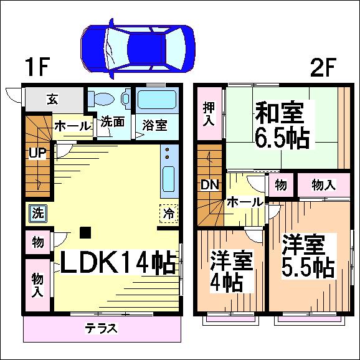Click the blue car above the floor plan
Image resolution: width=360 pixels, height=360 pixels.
(x=138, y=49)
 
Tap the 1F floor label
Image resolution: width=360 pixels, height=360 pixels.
(x=37, y=67)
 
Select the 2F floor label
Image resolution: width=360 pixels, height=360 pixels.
(x=323, y=67)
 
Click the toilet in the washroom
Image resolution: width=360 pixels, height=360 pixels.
(x=102, y=99)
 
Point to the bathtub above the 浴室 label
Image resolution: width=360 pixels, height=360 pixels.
(x=157, y=100)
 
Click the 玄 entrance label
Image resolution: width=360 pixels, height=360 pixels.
(x=52, y=99)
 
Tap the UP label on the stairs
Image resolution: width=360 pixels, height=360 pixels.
(x=37, y=153)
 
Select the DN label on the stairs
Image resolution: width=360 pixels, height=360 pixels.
(x=210, y=184)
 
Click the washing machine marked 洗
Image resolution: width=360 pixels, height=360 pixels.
(x=38, y=213)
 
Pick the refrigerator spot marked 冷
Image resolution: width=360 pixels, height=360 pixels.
(x=169, y=213)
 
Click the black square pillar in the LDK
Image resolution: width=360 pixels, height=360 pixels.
(x=85, y=232)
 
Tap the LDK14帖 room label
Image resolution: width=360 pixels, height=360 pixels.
(x=118, y=262)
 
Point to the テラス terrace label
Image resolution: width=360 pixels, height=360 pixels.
(x=102, y=328)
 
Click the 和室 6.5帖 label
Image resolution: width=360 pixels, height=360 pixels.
(x=282, y=125)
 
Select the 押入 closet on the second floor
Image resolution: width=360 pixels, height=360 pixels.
(x=209, y=113)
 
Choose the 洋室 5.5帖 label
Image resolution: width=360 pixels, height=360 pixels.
(x=308, y=256)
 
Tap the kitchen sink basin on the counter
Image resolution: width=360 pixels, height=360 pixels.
(x=169, y=179)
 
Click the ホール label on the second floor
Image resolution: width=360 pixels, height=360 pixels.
(x=245, y=202)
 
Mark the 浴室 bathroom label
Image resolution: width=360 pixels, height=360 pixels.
(x=154, y=125)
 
